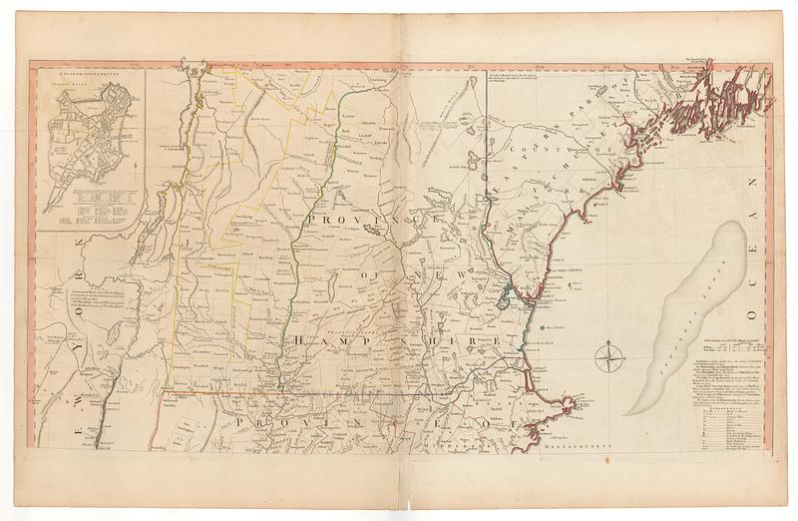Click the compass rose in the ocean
click(609, 355)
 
